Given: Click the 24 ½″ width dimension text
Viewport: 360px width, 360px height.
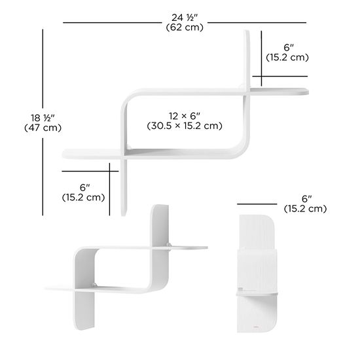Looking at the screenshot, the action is [185, 18].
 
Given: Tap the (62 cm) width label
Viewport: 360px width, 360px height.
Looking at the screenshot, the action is [185, 27].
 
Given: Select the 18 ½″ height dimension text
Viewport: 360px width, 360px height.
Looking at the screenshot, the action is [43, 118].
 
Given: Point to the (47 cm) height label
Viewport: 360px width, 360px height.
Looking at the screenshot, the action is [43, 128].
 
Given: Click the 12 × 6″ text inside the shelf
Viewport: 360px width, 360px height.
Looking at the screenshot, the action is [185, 116].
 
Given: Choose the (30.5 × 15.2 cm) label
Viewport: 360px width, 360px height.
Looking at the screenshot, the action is [185, 126].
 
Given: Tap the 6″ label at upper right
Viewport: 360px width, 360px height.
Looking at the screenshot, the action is [289, 48].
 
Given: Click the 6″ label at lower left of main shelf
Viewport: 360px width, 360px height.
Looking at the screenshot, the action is [84, 188].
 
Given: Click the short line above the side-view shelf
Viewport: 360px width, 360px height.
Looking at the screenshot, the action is [257, 204].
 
